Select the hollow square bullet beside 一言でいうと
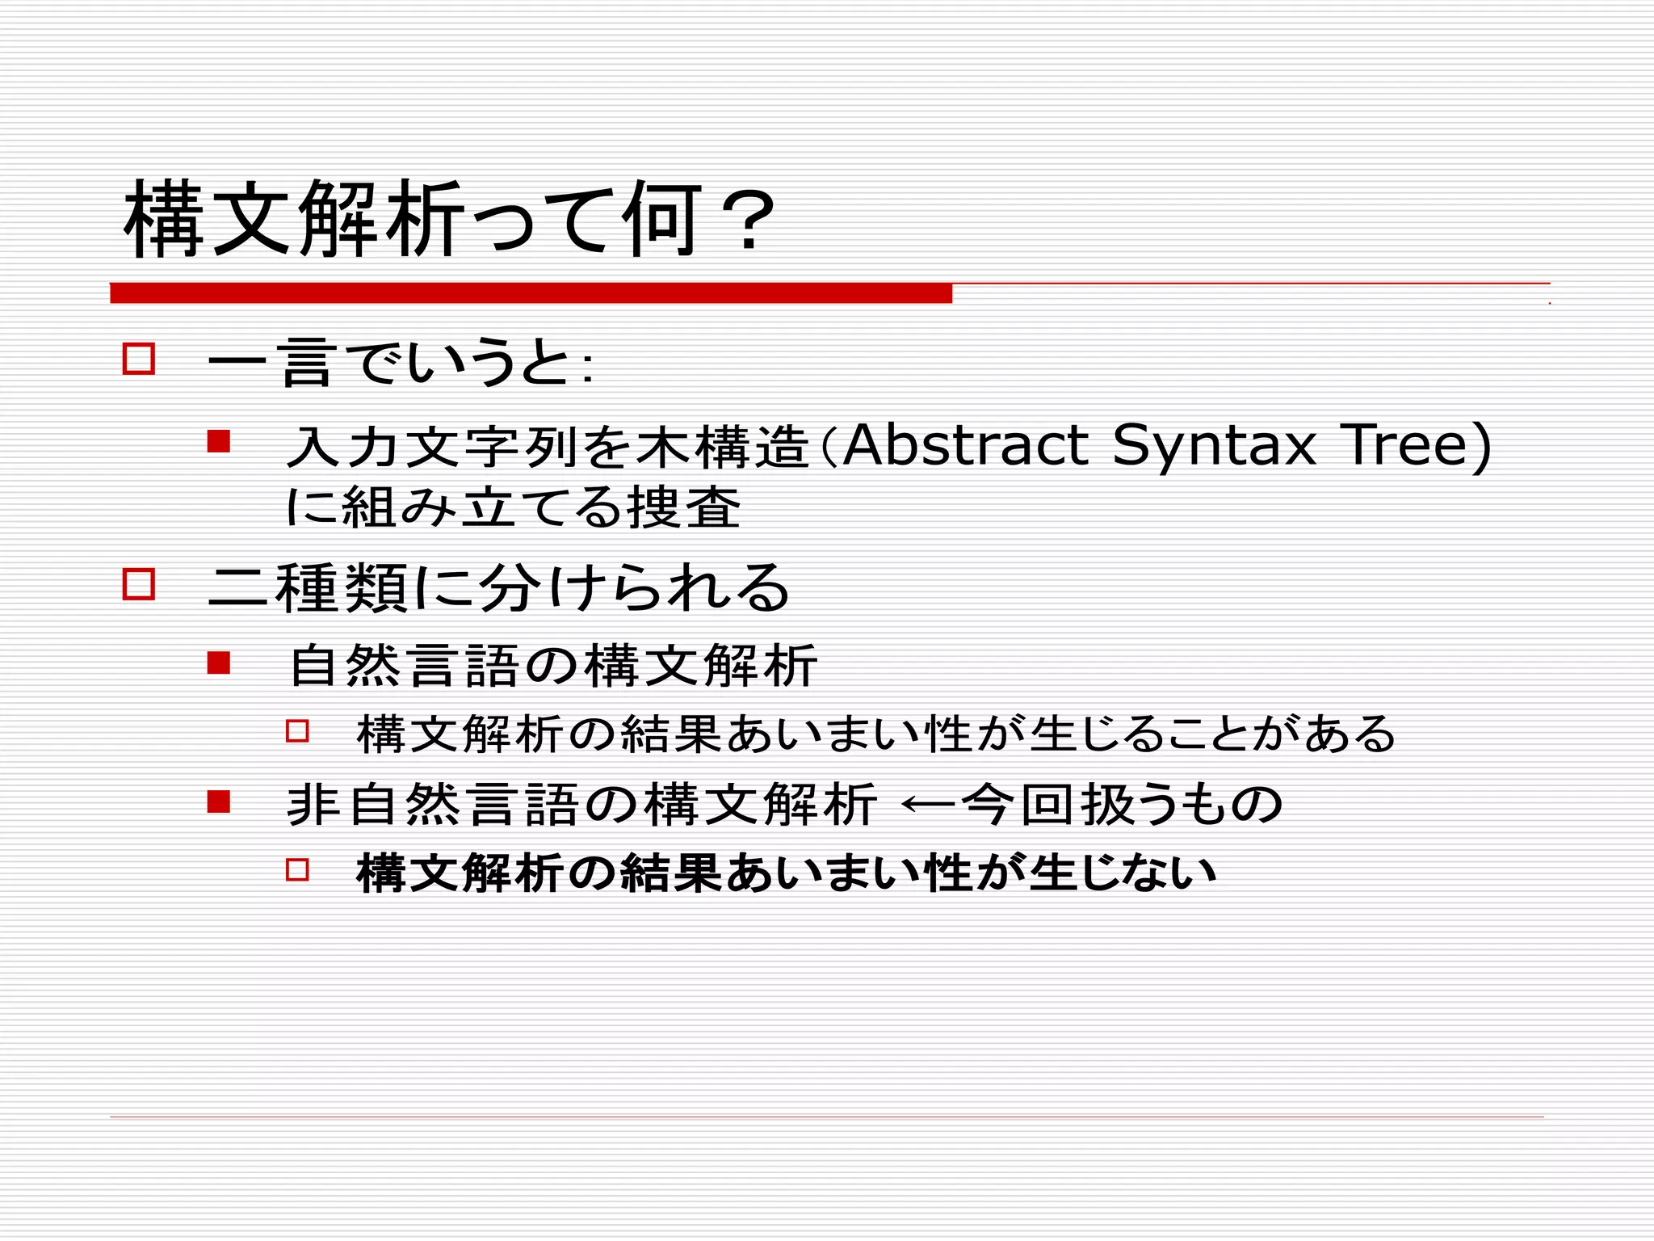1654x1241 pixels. point(139,359)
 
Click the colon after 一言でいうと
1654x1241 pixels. point(587,368)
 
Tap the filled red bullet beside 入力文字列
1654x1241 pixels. point(219,441)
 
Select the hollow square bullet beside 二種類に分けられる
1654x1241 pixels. point(139,583)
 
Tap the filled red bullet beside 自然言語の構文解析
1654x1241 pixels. point(219,663)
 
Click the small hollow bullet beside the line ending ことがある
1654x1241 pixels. point(297,731)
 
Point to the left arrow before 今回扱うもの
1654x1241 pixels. point(928,805)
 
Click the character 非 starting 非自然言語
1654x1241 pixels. point(313,805)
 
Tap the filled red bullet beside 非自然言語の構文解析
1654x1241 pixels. point(219,801)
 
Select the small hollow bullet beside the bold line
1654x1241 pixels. point(297,869)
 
